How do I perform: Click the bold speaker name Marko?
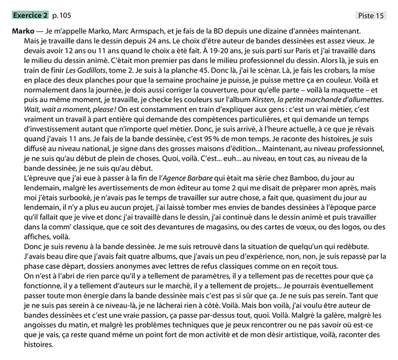point(23,32)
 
